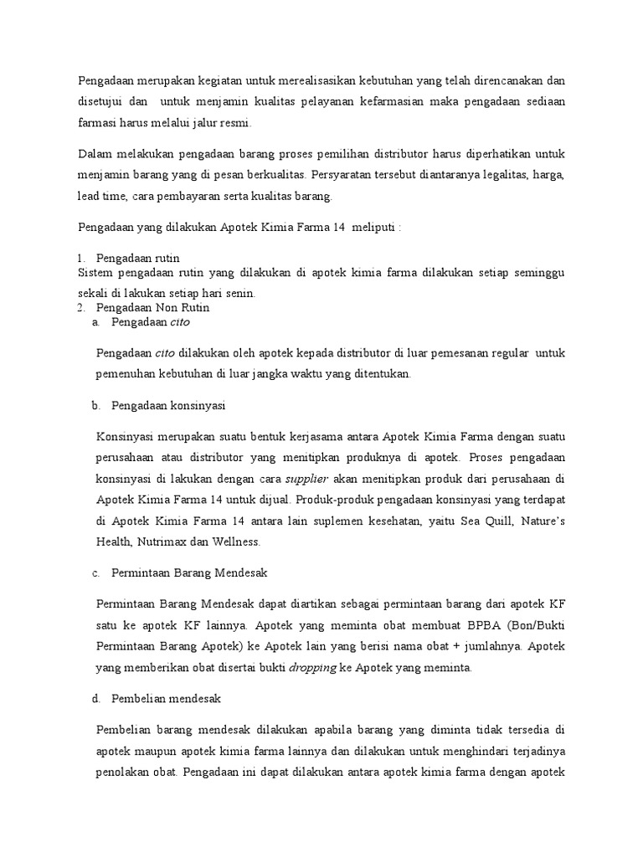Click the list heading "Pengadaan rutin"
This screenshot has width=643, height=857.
coord(138,257)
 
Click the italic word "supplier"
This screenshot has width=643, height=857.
coord(307,479)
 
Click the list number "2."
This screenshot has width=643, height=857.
coord(82,307)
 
